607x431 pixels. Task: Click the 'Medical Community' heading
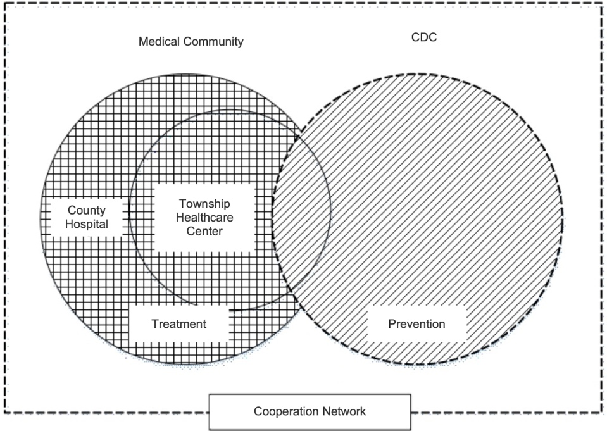point(191,42)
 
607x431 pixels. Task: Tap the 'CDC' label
point(424,37)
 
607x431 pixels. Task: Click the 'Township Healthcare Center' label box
point(204,217)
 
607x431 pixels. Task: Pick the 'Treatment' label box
point(178,324)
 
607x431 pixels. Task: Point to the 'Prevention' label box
point(416,324)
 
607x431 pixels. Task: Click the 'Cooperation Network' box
point(310,411)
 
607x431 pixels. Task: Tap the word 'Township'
point(204,204)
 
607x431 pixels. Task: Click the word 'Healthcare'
point(204,217)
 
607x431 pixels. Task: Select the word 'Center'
point(204,231)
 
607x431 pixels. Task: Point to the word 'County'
point(87,210)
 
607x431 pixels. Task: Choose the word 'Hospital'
point(87,223)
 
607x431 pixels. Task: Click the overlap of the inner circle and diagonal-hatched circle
point(303,209)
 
